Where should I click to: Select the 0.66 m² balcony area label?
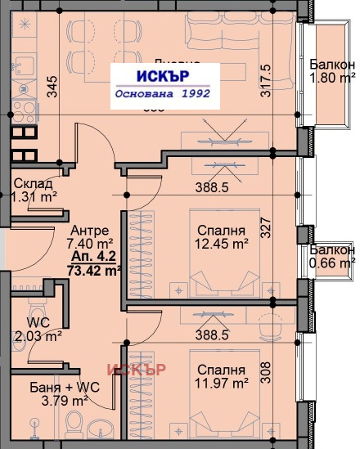pos(332,256)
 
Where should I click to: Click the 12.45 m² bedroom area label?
pos(219,236)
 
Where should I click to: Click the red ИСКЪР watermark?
pos(137,369)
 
